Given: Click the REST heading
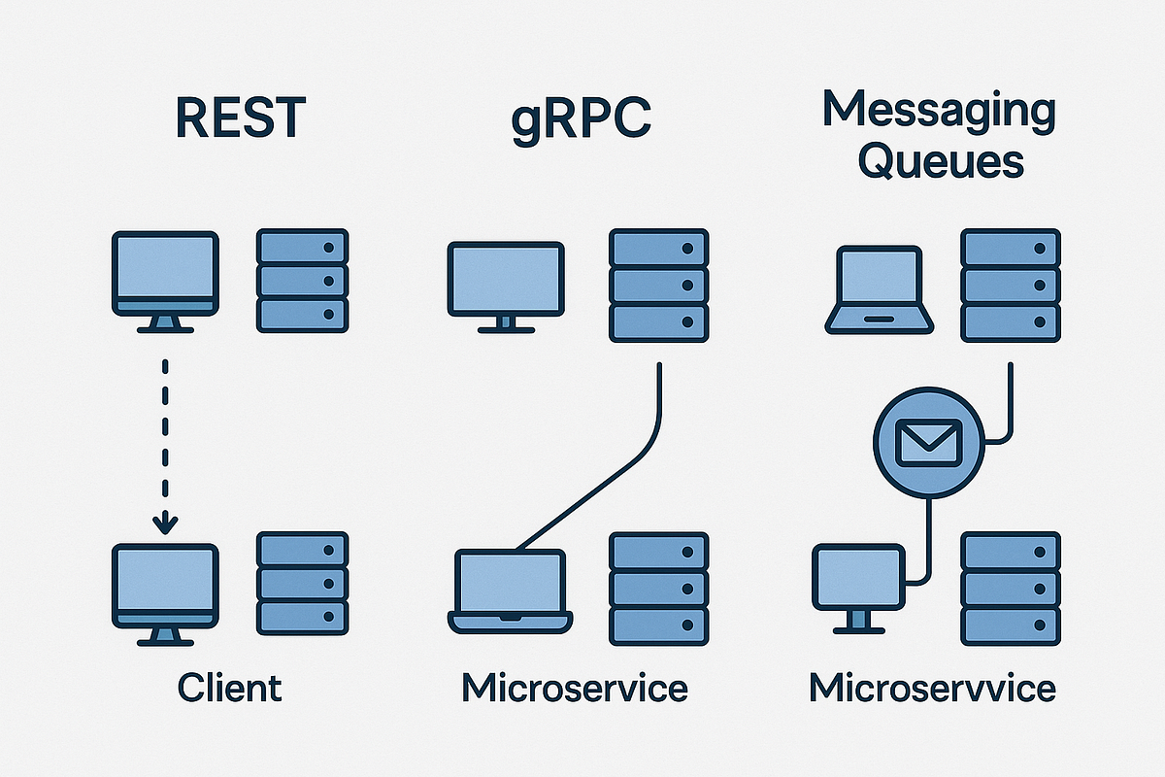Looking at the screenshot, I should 241,118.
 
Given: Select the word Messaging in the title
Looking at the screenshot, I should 938,110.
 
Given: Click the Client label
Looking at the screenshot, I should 230,688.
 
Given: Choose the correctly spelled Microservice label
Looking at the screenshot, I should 575,688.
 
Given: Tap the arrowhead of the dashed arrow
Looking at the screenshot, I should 166,524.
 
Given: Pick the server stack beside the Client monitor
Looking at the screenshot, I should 302,582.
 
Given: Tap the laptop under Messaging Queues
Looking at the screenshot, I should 879,289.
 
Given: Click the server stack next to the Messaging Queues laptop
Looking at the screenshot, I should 1010,285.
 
